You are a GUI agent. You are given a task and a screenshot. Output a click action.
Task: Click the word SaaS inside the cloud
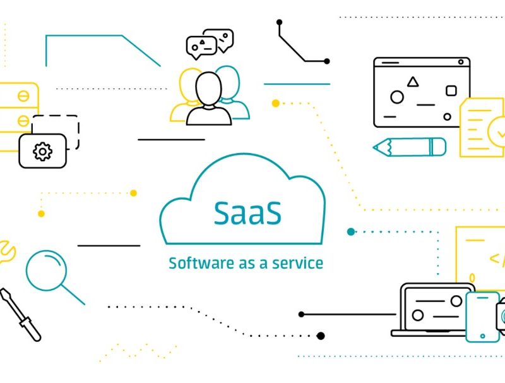click(247, 214)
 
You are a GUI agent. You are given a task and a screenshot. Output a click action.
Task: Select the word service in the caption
click(297, 263)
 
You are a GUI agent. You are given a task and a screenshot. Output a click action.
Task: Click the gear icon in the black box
click(42, 151)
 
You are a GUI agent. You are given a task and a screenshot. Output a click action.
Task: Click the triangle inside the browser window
click(413, 82)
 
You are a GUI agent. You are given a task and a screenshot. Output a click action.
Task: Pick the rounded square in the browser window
click(451, 91)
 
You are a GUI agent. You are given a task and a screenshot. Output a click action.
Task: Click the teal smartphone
click(482, 317)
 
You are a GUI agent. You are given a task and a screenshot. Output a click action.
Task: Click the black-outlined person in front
click(208, 101)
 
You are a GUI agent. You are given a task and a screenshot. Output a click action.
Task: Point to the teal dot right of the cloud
click(351, 232)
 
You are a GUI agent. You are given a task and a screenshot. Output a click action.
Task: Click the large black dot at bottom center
click(321, 336)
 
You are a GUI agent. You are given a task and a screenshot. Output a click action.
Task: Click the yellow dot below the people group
click(275, 102)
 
